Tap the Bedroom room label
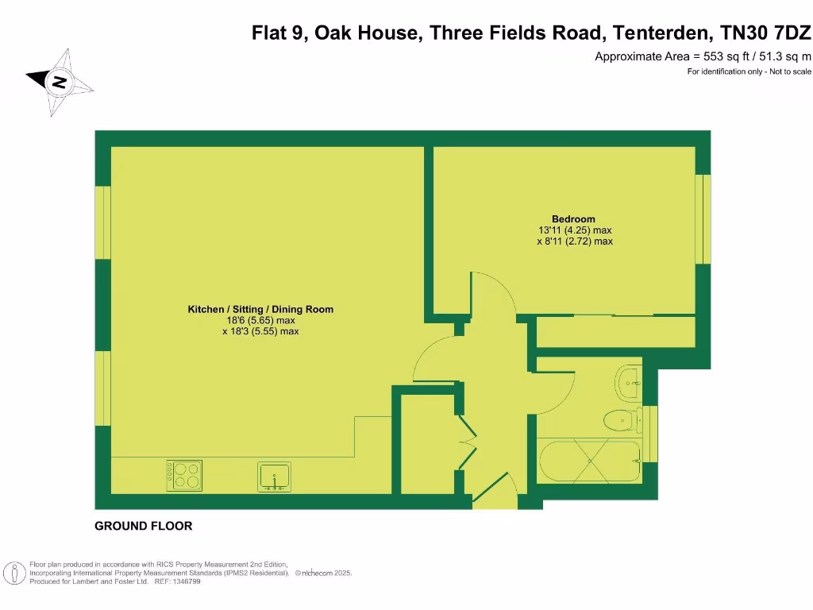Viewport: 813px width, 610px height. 573,219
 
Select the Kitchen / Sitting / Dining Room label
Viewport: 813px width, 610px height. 260,310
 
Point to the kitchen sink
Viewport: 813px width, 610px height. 274,477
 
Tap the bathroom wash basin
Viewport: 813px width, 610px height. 630,382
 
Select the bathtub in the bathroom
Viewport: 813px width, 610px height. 589,462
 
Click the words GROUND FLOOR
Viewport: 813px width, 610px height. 143,526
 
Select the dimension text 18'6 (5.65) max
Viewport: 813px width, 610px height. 260,321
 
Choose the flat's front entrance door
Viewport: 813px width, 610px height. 494,488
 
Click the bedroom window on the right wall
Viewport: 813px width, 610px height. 702,218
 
